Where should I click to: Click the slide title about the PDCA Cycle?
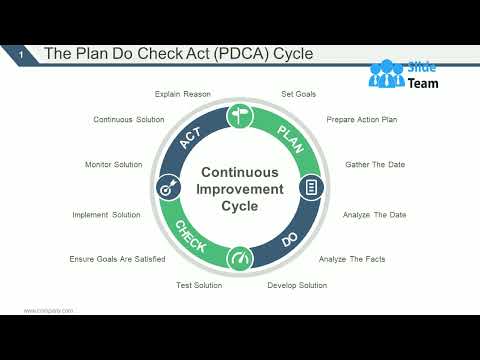coord(178,53)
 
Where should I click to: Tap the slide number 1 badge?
coord(22,54)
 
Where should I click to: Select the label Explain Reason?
coord(183,94)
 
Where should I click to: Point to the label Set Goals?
coord(298,94)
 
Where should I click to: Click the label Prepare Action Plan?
coord(362,120)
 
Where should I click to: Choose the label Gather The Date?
coord(375,164)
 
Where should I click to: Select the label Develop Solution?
coord(297,285)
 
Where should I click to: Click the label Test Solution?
coord(198,285)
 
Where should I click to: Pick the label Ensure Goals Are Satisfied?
coord(117,259)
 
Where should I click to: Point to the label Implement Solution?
coord(106,215)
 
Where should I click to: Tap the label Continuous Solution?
coord(128,120)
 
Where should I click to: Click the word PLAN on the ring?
coord(289,135)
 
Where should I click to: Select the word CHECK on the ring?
coord(191,236)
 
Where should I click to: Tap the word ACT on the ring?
coord(191,138)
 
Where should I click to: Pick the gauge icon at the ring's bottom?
coord(240,259)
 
